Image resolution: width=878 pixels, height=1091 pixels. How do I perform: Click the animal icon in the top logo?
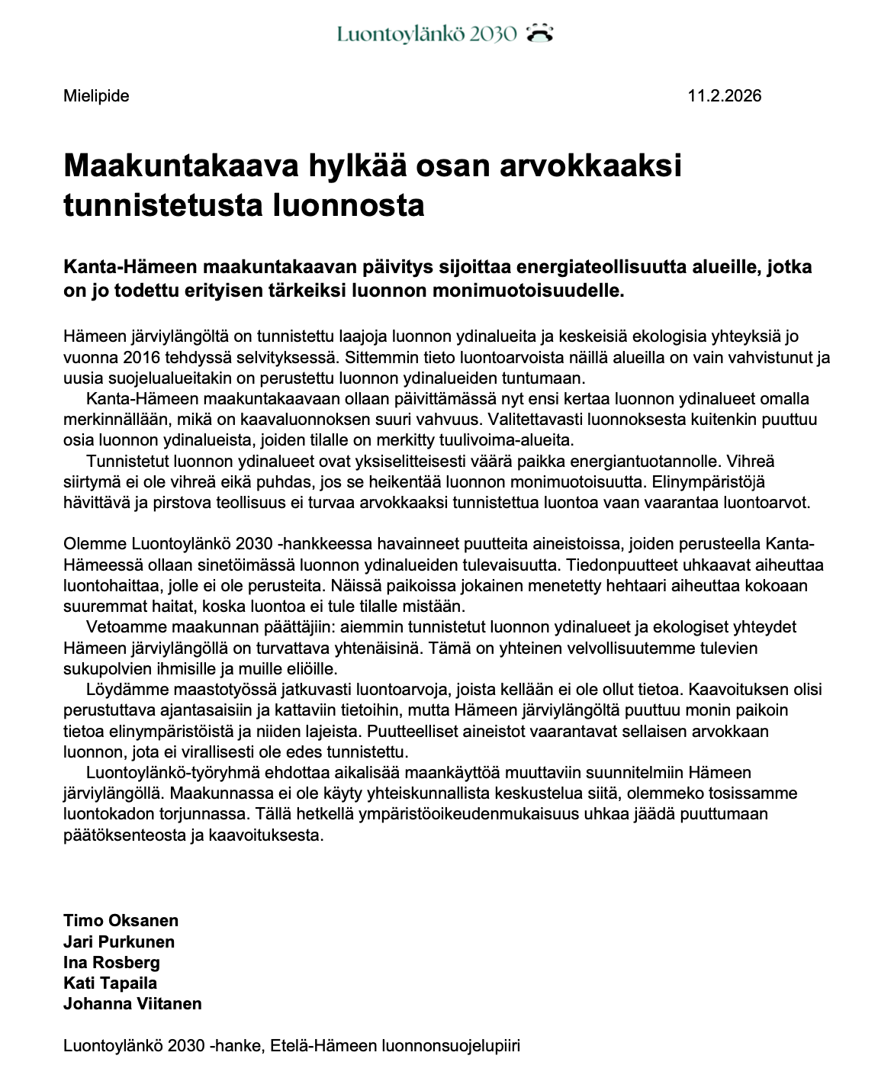click(539, 33)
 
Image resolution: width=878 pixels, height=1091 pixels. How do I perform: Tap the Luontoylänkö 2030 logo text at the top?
click(427, 34)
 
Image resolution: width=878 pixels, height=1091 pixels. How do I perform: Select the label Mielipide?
click(96, 96)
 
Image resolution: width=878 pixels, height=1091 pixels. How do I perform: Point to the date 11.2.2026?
click(724, 96)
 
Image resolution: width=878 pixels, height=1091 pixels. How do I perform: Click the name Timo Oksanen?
click(121, 921)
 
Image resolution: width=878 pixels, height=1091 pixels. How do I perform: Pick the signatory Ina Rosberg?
click(111, 962)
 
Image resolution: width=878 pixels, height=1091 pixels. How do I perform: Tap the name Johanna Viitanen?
click(133, 1003)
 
